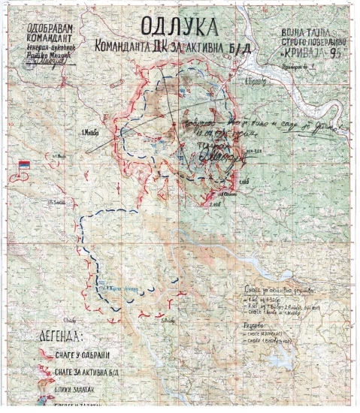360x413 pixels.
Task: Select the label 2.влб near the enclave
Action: [x=216, y=203]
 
